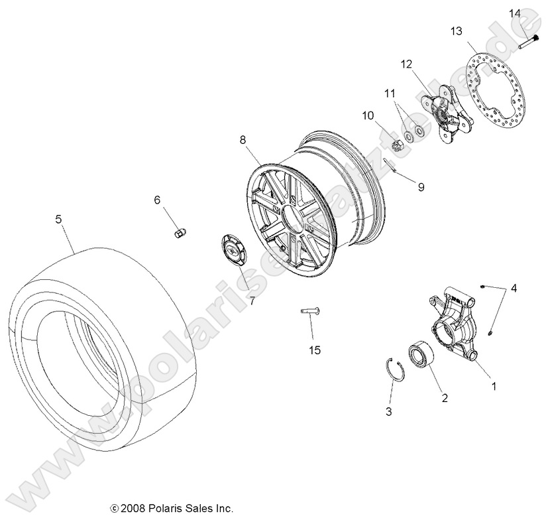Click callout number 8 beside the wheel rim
click(243, 140)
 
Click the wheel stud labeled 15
click(311, 310)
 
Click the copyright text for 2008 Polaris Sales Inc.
click(172, 508)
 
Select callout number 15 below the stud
click(314, 350)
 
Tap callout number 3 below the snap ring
click(389, 412)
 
